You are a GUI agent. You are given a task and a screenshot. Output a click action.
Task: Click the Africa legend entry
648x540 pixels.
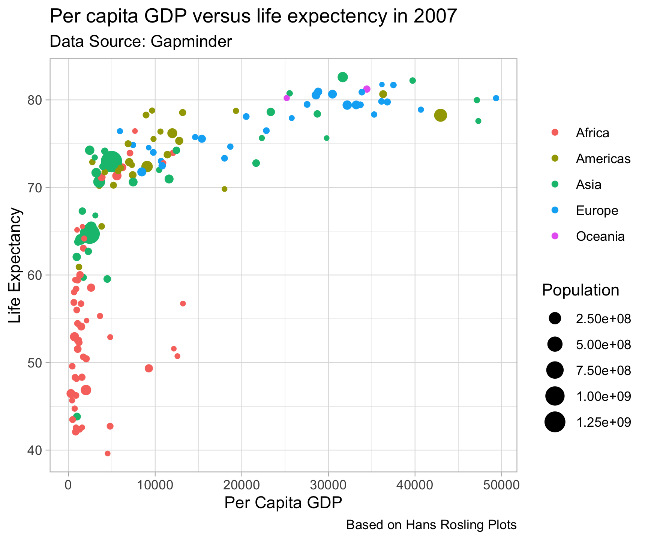[592, 133]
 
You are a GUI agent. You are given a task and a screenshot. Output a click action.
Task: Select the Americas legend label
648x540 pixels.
[603, 159]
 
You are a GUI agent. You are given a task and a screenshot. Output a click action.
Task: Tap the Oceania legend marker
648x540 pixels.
[555, 236]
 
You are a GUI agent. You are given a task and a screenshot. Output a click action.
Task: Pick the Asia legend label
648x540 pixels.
[588, 184]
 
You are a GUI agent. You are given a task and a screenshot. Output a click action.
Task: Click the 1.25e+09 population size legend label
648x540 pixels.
[603, 422]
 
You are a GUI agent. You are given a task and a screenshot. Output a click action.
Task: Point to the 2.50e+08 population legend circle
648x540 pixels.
[555, 319]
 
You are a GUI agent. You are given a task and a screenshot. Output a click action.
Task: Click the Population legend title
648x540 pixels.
[580, 291]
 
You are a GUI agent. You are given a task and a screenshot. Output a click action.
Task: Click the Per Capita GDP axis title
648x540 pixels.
[283, 503]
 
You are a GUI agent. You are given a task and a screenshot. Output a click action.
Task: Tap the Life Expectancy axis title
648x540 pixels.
[16, 265]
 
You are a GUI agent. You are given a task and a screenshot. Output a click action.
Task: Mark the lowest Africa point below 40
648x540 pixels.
[108, 453]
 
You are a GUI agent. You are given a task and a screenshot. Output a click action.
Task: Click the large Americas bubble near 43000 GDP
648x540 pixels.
[441, 115]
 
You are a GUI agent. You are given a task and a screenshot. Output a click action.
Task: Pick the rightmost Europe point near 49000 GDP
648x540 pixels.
[496, 98]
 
